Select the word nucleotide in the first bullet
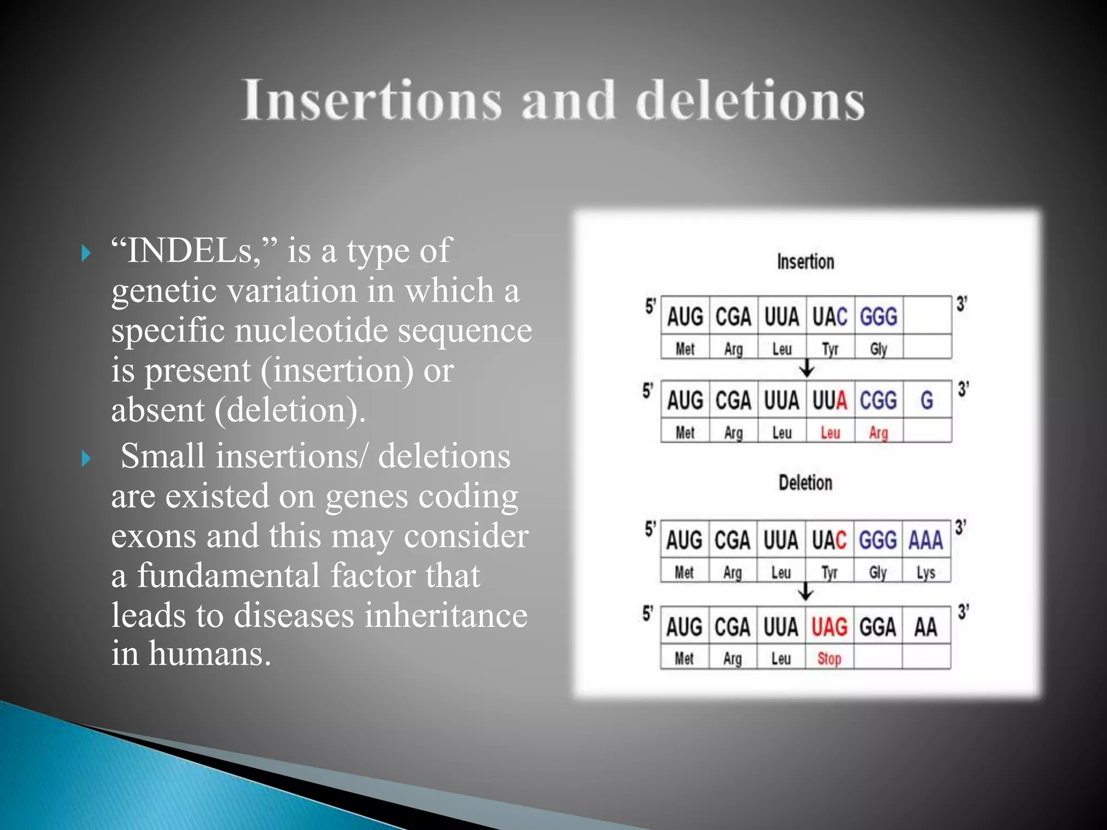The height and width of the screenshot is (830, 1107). [x=311, y=330]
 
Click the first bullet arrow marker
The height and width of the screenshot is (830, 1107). [x=86, y=252]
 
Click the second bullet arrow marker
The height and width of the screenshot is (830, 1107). [x=86, y=458]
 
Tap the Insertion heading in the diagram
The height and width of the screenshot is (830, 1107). [x=805, y=262]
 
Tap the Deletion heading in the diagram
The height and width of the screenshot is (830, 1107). [x=805, y=483]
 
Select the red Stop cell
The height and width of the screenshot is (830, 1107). [x=829, y=659]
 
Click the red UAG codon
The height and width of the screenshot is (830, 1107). [x=829, y=627]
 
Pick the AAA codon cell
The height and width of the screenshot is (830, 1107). [x=926, y=540]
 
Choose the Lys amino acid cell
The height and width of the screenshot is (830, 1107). [x=926, y=572]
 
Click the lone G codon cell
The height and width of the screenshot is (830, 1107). [x=927, y=400]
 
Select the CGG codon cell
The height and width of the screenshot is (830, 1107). [x=878, y=400]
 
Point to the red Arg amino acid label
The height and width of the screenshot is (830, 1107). [x=878, y=433]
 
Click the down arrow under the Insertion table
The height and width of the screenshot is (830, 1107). [x=807, y=369]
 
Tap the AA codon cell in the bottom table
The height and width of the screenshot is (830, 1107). [x=926, y=627]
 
